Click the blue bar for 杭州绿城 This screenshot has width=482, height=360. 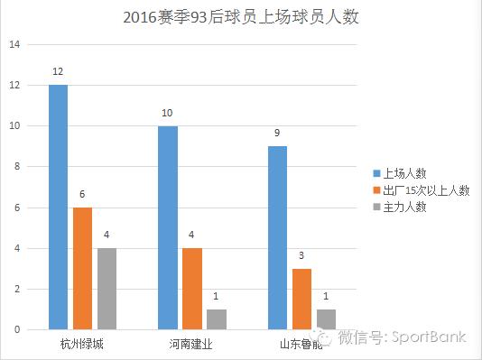(x=58, y=207)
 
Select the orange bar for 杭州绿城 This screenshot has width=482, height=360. (x=82, y=268)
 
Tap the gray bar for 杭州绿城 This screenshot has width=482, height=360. (x=107, y=289)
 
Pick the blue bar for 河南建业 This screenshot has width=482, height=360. (x=168, y=227)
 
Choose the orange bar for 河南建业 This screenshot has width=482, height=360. (x=192, y=289)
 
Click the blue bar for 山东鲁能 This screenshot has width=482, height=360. (x=278, y=237)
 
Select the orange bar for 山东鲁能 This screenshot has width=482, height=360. (x=302, y=299)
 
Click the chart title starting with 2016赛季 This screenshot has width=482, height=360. (x=240, y=18)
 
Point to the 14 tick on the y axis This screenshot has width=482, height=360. (x=15, y=44)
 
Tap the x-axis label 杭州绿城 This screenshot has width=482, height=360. (x=82, y=344)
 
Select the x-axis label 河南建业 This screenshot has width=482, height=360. (x=192, y=344)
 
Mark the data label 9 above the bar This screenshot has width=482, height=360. (x=278, y=134)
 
